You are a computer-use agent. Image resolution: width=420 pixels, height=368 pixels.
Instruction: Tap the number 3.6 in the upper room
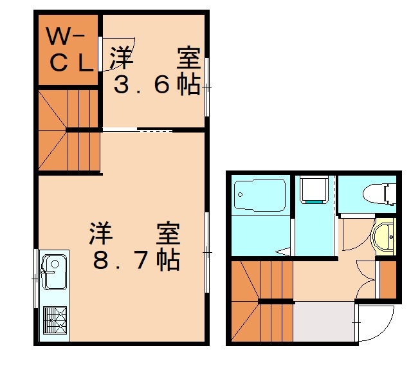pos(148,86)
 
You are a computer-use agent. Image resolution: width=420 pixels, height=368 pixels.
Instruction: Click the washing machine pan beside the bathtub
pos(315,190)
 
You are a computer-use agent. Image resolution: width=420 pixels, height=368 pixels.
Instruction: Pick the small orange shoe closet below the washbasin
pos(388,279)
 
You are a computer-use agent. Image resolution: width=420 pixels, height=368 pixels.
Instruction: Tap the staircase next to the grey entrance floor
pos(260,302)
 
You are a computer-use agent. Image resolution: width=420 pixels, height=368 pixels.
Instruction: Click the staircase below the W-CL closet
pos(68,131)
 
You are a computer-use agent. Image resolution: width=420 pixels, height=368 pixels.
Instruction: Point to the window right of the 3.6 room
pos(208,86)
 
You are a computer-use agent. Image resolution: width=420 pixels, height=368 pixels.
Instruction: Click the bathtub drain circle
pos(240,192)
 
